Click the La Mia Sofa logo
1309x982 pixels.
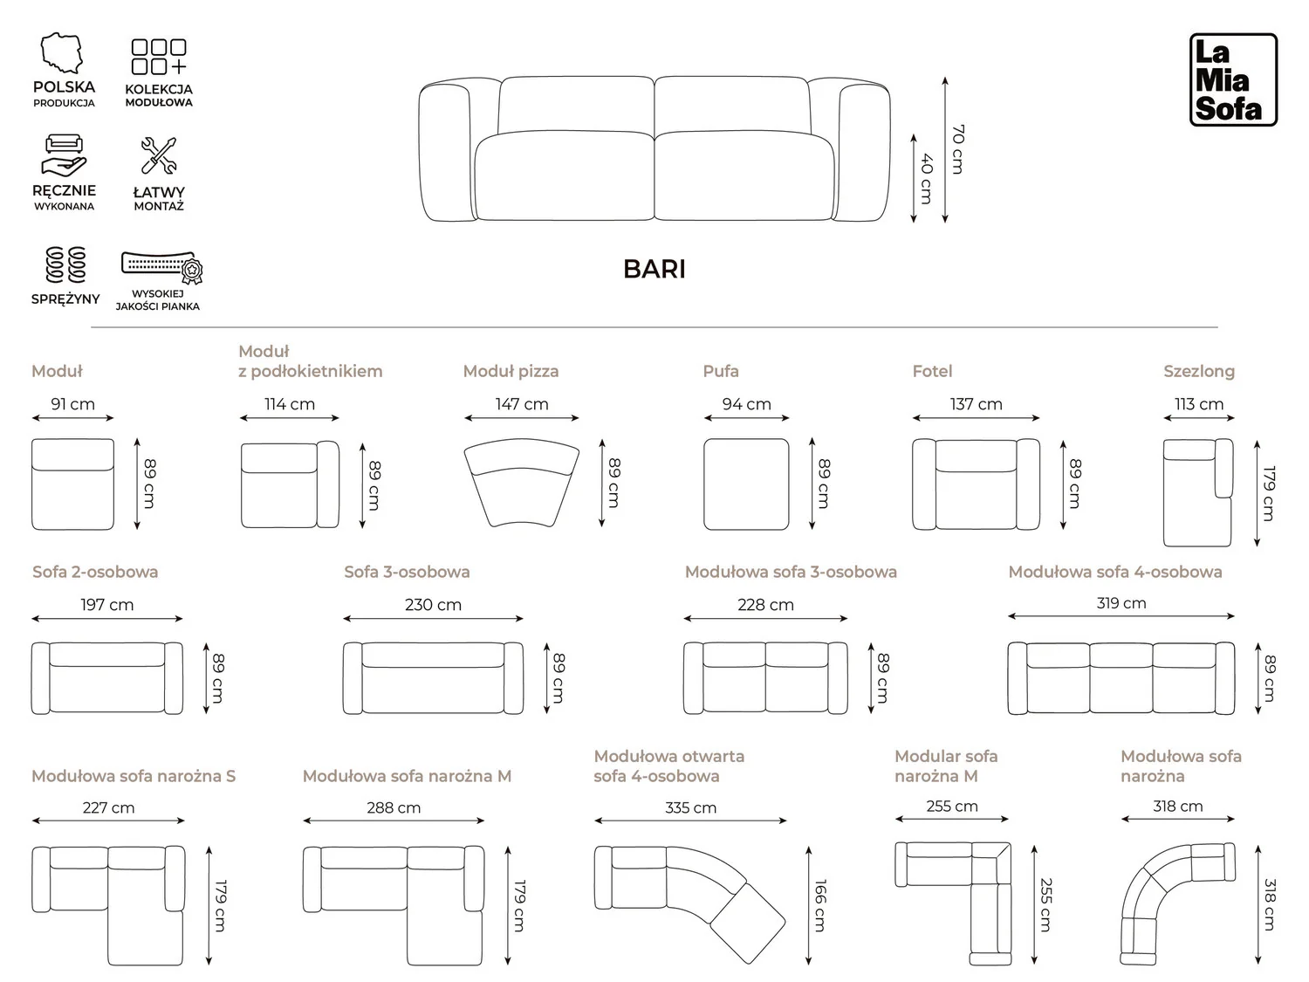(x=1233, y=79)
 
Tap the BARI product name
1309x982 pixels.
(x=654, y=269)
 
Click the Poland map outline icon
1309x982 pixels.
(x=61, y=53)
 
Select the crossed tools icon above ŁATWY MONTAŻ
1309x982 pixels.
(x=159, y=155)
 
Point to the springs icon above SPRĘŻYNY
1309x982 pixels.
(x=65, y=264)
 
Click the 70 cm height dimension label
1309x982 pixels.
(x=957, y=149)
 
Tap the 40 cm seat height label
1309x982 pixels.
(x=926, y=178)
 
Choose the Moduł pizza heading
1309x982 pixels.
(x=511, y=371)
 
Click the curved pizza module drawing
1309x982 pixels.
(x=521, y=483)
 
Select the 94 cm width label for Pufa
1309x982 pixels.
(x=747, y=404)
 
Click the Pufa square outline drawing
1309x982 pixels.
(x=746, y=484)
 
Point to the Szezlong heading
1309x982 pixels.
(x=1199, y=371)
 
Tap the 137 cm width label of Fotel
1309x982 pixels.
(x=976, y=404)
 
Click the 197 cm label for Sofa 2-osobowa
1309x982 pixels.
(x=106, y=605)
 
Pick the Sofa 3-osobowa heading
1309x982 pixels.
(x=407, y=572)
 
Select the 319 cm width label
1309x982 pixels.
(x=1121, y=603)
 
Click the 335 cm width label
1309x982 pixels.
(x=690, y=808)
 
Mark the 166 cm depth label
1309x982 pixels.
(x=820, y=906)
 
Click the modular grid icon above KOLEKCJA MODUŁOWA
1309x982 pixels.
(x=159, y=57)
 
